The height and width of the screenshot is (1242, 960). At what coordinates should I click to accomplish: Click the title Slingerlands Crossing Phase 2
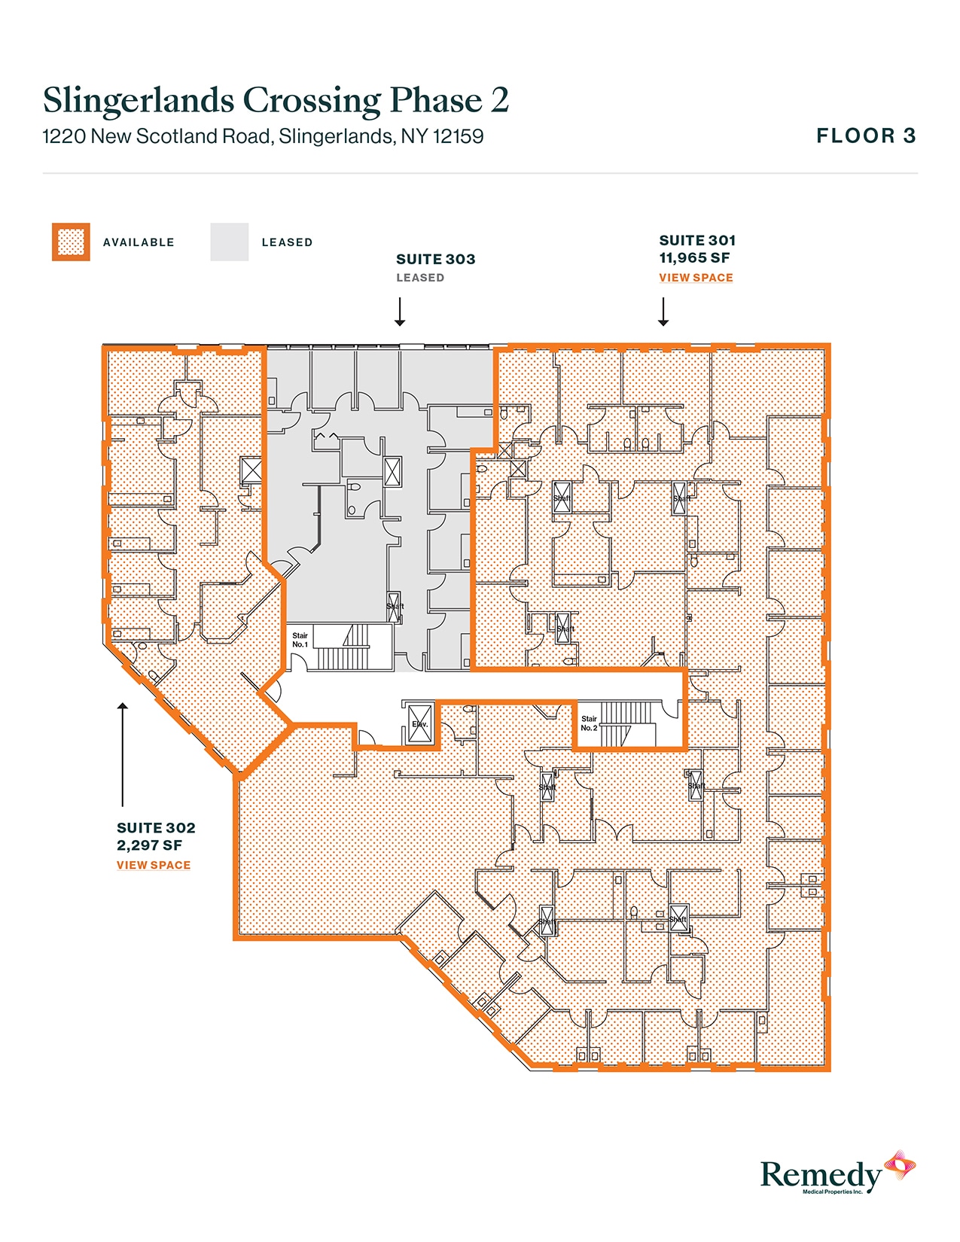pyautogui.click(x=276, y=101)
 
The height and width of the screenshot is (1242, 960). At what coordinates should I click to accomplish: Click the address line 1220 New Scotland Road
pyautogui.click(x=263, y=136)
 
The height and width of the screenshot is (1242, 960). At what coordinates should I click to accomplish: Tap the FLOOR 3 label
pyautogui.click(x=866, y=135)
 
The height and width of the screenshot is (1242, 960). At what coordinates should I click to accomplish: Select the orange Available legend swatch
pyautogui.click(x=71, y=242)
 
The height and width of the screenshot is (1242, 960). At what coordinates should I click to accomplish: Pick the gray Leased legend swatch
pyautogui.click(x=229, y=242)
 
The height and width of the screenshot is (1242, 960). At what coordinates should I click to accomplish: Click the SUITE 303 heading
pyautogui.click(x=435, y=259)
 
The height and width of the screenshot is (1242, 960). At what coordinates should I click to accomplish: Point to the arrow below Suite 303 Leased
pyautogui.click(x=400, y=312)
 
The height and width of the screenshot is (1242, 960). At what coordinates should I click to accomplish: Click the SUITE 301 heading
pyautogui.click(x=697, y=240)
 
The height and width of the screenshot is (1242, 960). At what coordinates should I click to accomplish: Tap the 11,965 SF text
pyautogui.click(x=694, y=257)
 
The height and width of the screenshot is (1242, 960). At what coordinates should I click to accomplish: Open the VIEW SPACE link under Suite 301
pyautogui.click(x=696, y=278)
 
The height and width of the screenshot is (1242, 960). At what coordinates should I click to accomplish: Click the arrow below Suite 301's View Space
pyautogui.click(x=663, y=312)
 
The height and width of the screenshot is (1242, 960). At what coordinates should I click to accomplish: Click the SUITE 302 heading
pyautogui.click(x=156, y=828)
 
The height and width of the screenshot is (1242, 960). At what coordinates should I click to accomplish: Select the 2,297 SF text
pyautogui.click(x=149, y=845)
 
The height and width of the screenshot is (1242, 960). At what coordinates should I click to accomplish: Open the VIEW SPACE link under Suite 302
pyautogui.click(x=154, y=866)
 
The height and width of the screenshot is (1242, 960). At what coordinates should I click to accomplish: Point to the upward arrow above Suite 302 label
pyautogui.click(x=123, y=753)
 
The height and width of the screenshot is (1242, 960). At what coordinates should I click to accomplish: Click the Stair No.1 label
pyautogui.click(x=300, y=640)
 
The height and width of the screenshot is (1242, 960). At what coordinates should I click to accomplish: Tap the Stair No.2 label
pyautogui.click(x=589, y=723)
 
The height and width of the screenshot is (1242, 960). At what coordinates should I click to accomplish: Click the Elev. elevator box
pyautogui.click(x=419, y=724)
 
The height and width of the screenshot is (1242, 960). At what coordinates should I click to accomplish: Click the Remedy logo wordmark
pyautogui.click(x=821, y=1175)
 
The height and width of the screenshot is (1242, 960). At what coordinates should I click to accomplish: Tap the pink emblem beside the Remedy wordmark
pyautogui.click(x=900, y=1166)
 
